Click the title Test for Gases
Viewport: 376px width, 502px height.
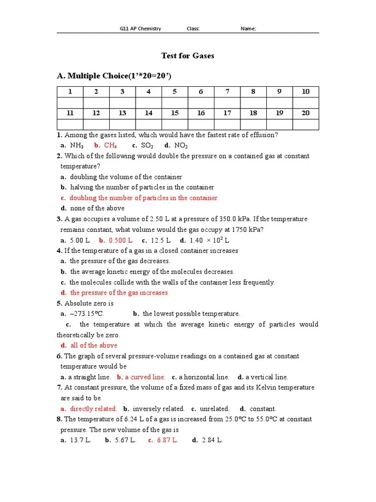pos(188,56)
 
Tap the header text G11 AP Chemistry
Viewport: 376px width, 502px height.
pos(141,28)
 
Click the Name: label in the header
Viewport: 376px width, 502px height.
pos(248,28)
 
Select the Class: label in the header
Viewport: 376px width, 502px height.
pos(193,28)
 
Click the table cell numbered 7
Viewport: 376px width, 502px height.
pos(227,92)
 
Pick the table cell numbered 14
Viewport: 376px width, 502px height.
pos(148,113)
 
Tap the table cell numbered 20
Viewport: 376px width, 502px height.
pos(305,113)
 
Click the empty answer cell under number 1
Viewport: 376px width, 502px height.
pos(70,102)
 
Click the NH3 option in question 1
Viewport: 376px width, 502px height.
pos(77,146)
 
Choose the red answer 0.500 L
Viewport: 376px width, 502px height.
pos(120,240)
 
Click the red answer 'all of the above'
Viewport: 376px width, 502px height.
pos(94,346)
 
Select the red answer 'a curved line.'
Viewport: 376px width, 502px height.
pos(145,377)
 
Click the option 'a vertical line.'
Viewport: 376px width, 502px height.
pos(266,377)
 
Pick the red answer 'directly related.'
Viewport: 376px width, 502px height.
pos(93,408)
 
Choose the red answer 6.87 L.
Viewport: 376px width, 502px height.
pos(167,440)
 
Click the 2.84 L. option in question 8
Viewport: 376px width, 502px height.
pos(212,440)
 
